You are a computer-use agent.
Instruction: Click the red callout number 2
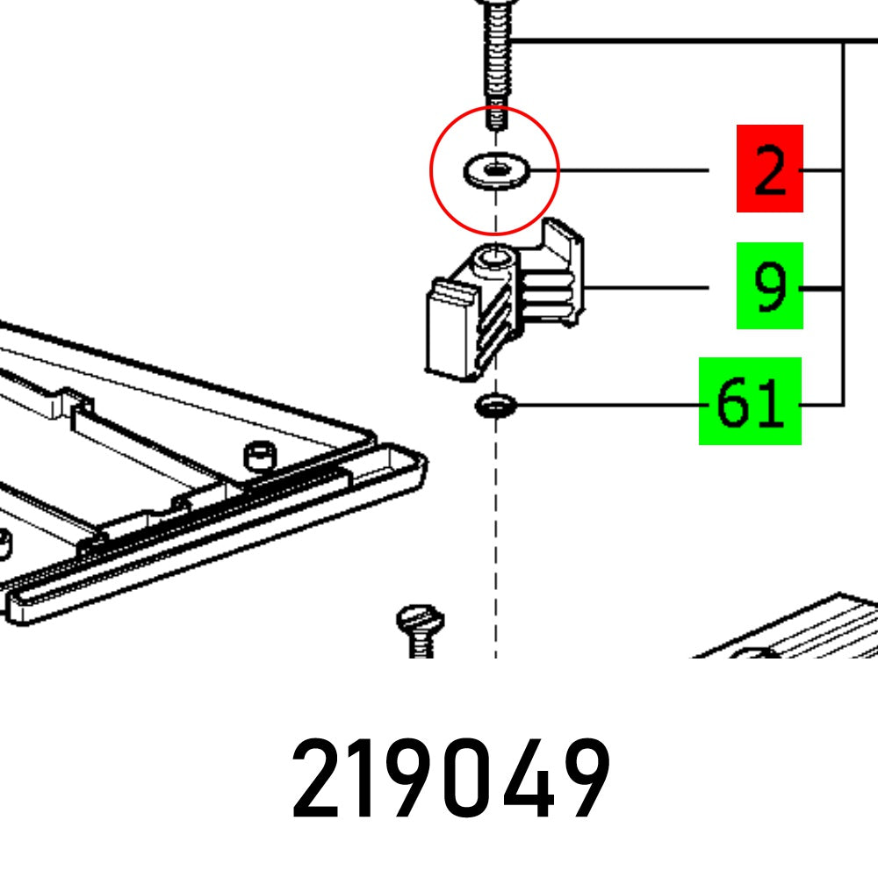pos(769,169)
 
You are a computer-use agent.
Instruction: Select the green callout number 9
pos(769,286)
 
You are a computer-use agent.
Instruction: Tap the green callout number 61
pos(750,402)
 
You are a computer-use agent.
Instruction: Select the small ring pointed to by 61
pos(496,406)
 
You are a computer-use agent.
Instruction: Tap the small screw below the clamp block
pos(420,629)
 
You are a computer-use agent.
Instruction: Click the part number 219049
pos(450,780)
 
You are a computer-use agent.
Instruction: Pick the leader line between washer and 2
pos(632,169)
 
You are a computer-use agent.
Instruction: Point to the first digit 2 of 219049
pos(317,780)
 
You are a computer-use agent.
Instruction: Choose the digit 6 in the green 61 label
pos(732,403)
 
